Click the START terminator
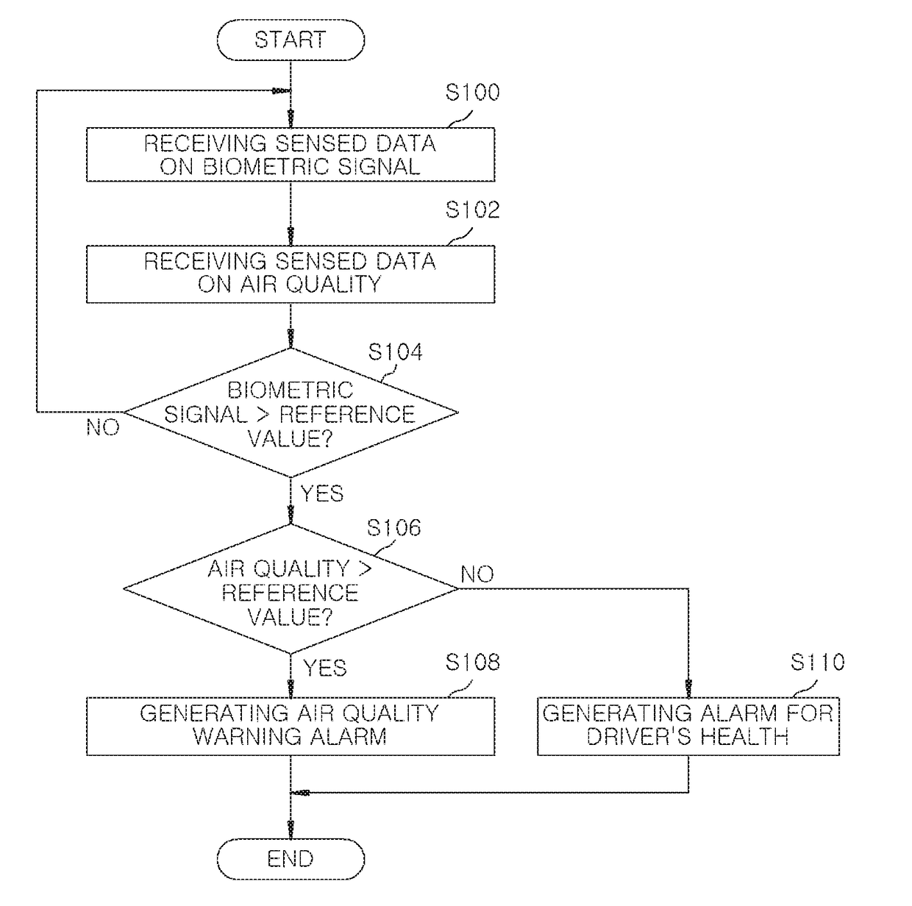[x=291, y=40]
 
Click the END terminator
[x=291, y=859]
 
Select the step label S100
[x=472, y=92]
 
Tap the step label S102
[x=472, y=210]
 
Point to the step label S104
[x=395, y=352]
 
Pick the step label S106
[x=393, y=527]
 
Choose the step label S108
[x=472, y=662]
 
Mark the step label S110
[x=817, y=662]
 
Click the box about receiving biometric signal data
[x=291, y=154]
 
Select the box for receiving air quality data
[x=291, y=274]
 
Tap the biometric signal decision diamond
[x=291, y=413]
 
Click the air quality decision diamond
[x=291, y=589]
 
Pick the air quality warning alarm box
[x=291, y=726]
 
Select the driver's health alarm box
[x=688, y=726]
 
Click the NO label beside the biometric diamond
[x=103, y=428]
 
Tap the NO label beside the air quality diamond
[x=477, y=574]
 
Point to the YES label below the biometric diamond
[x=322, y=493]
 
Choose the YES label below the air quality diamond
[x=324, y=668]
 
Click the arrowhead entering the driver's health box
[x=688, y=689]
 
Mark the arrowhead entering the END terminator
[x=291, y=830]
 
